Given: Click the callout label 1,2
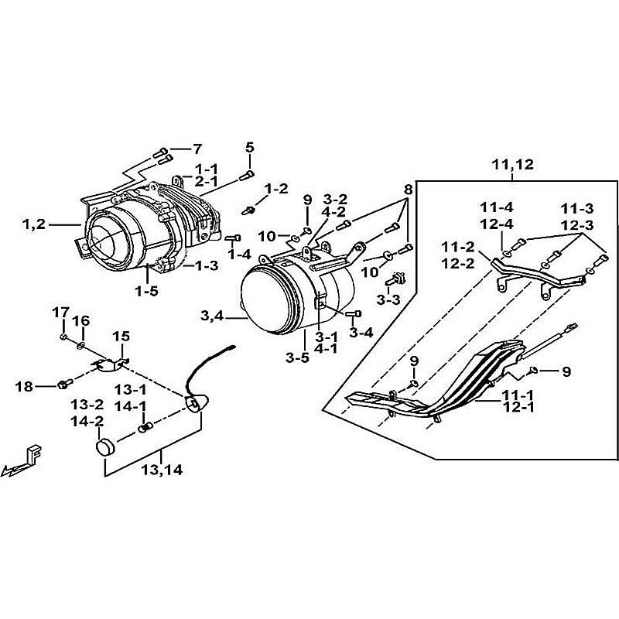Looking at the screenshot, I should (x=34, y=225).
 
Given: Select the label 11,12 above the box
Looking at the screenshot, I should (x=511, y=164).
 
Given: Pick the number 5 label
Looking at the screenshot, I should (x=249, y=147).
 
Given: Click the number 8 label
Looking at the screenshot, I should (x=409, y=189).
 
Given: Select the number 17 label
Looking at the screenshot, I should (x=60, y=312).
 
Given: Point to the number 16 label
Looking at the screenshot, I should (x=80, y=321).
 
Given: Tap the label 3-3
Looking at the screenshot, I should (x=388, y=298).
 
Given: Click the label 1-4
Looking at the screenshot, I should (x=239, y=254).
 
